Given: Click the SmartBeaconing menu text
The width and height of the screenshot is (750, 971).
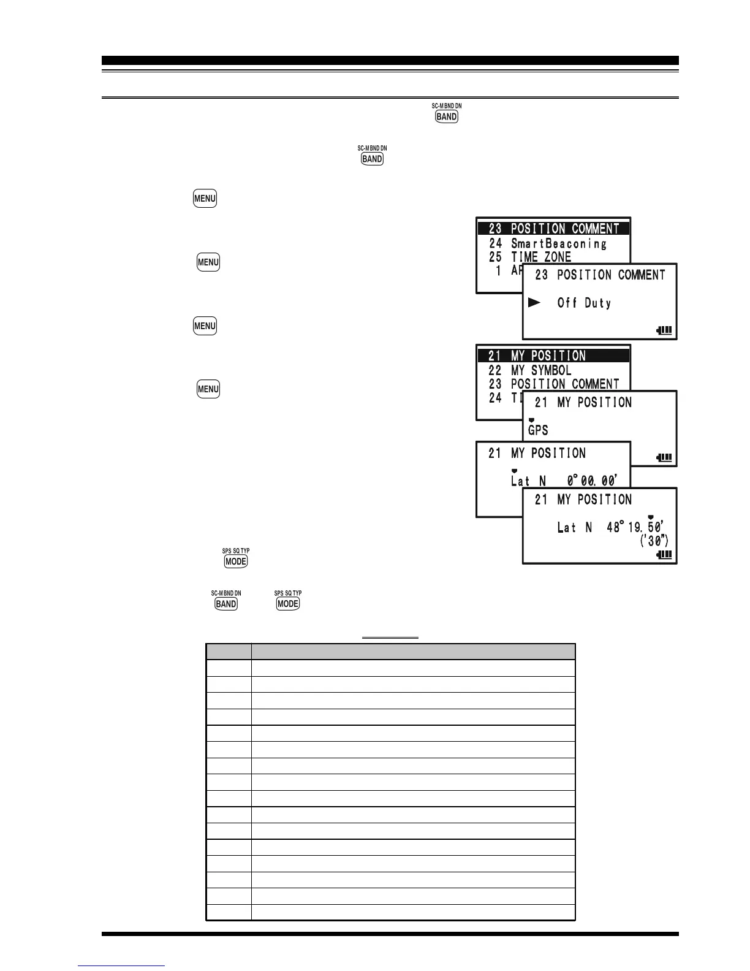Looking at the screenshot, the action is click(x=559, y=243).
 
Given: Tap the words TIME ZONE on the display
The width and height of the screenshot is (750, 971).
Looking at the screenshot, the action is click(x=541, y=257).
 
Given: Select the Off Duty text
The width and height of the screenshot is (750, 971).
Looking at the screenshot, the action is click(x=584, y=303).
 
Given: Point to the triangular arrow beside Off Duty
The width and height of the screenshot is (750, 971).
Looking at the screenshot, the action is click(x=534, y=302).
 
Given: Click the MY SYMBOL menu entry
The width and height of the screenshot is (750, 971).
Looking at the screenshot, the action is click(x=541, y=370).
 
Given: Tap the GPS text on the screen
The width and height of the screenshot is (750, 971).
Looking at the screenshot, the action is click(x=538, y=430).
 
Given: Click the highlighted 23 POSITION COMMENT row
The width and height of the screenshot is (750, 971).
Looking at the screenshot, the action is click(x=553, y=229).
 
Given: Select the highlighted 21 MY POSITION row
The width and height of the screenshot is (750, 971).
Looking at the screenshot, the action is click(x=553, y=356).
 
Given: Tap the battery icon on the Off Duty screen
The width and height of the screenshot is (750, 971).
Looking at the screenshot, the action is click(x=664, y=330).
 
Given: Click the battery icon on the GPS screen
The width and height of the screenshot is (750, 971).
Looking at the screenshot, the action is click(x=664, y=457).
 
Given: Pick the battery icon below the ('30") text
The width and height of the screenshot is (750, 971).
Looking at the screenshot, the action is click(x=664, y=555).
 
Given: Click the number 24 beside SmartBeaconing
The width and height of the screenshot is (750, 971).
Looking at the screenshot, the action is click(x=496, y=243).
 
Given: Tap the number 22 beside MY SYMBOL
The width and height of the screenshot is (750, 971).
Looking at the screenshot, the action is click(x=495, y=370).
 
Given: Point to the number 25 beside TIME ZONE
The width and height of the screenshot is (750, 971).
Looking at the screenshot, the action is click(x=496, y=257).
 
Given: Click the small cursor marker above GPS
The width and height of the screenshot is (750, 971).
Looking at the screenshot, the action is click(x=531, y=420).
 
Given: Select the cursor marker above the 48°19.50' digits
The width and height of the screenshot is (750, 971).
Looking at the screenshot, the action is click(x=651, y=517).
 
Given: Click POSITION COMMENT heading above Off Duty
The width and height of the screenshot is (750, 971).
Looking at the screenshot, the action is click(x=611, y=275).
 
